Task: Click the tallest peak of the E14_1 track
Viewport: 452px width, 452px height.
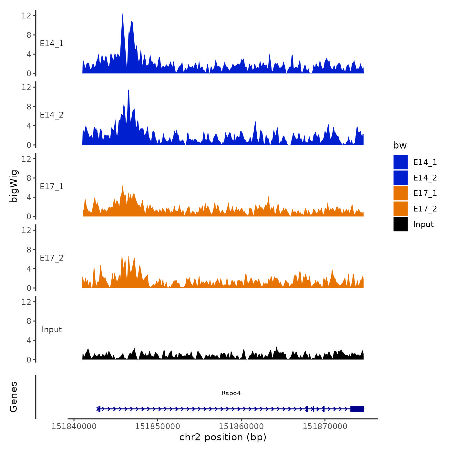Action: point(123,14)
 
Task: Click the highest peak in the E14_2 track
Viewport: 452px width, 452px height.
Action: point(128,91)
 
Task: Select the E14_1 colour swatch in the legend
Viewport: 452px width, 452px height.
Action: point(400,162)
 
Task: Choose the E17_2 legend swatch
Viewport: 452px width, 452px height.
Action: point(400,209)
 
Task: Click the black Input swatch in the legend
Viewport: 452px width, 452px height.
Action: point(400,224)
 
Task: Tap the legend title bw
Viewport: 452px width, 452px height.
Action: point(400,145)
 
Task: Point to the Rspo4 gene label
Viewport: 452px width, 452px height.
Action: point(231,393)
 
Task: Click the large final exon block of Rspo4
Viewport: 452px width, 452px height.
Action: point(357,409)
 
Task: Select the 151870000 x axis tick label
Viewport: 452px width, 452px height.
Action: point(325,426)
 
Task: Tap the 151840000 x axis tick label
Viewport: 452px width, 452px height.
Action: point(74,426)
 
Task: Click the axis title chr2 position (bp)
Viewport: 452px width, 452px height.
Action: point(223,437)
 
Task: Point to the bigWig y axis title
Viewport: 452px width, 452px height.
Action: point(14,186)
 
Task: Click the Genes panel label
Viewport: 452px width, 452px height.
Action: point(14,397)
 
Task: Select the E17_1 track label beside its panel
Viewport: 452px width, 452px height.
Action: point(52,186)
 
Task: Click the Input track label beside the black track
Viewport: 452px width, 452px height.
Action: point(52,330)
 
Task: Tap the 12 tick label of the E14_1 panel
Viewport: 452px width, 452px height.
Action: point(26,15)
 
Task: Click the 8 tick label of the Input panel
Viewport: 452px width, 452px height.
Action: point(29,321)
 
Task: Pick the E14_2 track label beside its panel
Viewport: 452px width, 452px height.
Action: point(52,115)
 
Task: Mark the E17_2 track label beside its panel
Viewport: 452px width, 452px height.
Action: point(52,258)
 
